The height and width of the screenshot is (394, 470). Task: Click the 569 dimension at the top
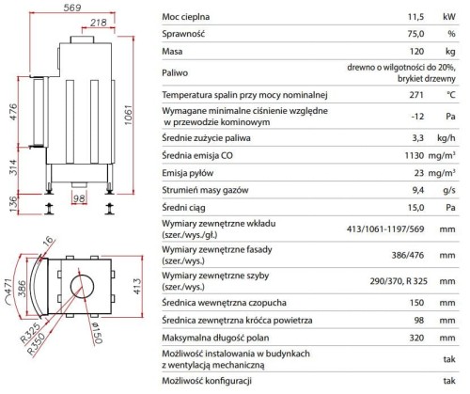click(x=72, y=8)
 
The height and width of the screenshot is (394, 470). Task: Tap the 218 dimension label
click(x=99, y=23)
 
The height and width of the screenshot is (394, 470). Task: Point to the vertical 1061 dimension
click(x=129, y=115)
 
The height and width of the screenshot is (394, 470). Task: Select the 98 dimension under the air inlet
click(x=79, y=198)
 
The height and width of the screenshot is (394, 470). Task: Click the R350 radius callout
click(x=36, y=343)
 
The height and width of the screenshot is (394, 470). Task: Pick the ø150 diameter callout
click(x=97, y=333)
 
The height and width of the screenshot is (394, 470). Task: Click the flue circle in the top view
click(x=82, y=286)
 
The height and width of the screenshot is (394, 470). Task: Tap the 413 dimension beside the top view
click(x=137, y=286)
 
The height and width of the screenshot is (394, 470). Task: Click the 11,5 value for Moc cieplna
click(x=415, y=17)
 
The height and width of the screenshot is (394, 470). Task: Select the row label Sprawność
click(x=183, y=34)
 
